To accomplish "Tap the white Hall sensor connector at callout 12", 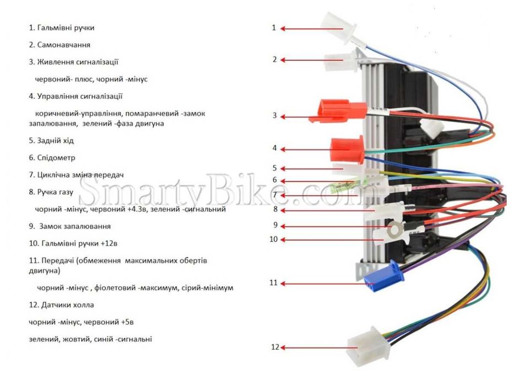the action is (368, 346).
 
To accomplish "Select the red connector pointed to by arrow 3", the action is (338, 111).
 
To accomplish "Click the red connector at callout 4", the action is (348, 149).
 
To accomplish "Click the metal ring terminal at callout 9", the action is (393, 229).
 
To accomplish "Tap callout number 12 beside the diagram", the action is (275, 347).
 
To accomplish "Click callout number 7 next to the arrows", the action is (275, 195).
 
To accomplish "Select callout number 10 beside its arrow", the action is (274, 239).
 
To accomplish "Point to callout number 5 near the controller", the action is (275, 168).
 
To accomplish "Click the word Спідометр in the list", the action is (56, 158).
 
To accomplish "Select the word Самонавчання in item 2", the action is (63, 45).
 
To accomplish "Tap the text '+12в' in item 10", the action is (109, 244).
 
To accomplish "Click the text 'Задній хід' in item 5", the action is (56, 141).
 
